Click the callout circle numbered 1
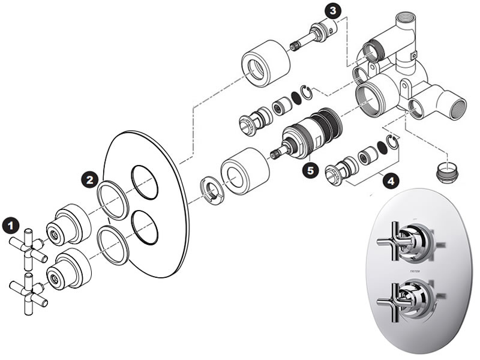pos(9,226)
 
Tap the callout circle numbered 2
pos(89,179)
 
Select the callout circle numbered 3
pos(332,10)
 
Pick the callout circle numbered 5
pos(310,170)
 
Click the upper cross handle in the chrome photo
pos(400,241)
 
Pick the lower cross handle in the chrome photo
pos(400,296)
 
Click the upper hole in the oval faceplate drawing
pos(145,183)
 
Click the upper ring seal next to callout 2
pos(113,197)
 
